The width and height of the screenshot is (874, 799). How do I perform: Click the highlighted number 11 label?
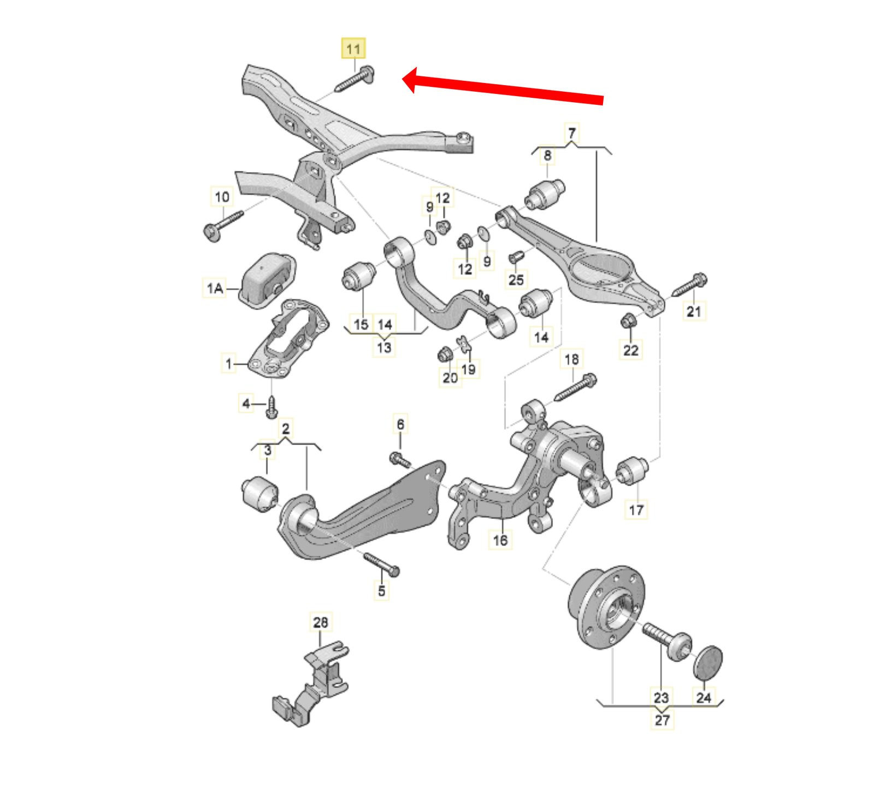[x=353, y=49]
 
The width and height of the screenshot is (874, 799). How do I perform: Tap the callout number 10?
[x=222, y=197]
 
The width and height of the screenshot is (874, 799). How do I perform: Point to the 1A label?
[x=215, y=287]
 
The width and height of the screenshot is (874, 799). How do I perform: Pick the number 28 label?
[x=320, y=622]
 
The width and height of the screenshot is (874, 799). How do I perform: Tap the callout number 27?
[x=662, y=720]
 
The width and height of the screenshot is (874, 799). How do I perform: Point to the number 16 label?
[x=500, y=540]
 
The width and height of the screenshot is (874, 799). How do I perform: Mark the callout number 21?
[x=694, y=311]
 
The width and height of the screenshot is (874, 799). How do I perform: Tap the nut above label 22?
[x=629, y=320]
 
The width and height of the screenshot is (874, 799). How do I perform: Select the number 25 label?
[x=516, y=280]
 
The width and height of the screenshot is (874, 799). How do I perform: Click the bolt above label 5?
[x=381, y=565]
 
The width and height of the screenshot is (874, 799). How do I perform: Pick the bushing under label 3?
[x=260, y=494]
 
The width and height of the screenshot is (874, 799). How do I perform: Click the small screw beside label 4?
[x=271, y=407]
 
